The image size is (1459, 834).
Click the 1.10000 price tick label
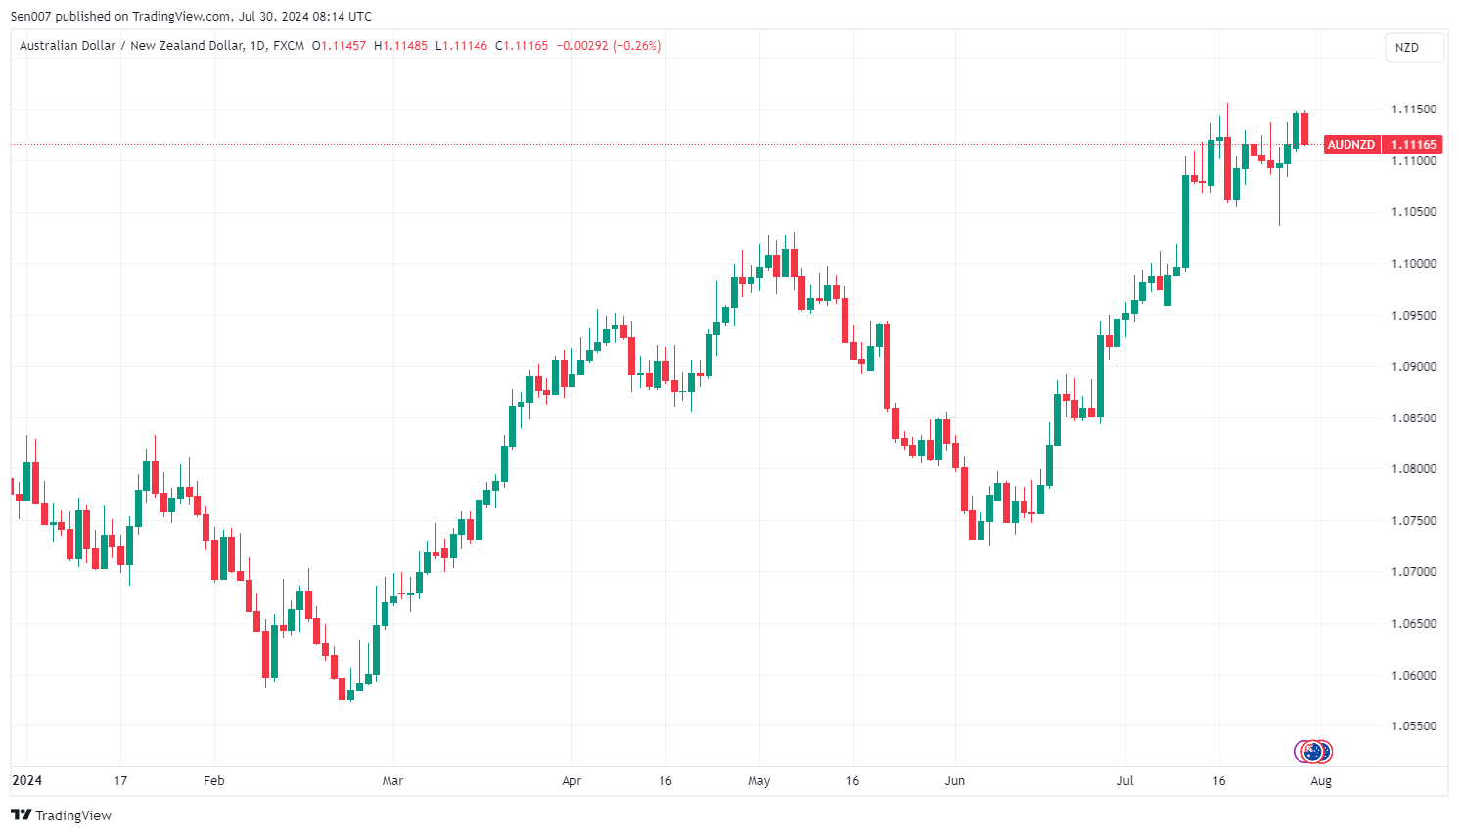point(1414,264)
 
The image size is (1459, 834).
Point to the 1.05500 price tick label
point(1414,726)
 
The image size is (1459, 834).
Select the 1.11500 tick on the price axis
point(1414,110)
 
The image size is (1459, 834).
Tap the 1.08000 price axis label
point(1414,469)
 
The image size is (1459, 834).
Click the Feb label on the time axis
point(213,781)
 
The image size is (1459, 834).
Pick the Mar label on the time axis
point(392,781)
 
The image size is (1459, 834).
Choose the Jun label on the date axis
point(954,781)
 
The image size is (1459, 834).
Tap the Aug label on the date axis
point(1321,781)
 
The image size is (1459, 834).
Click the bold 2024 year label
point(26,780)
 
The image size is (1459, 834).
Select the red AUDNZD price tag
point(1350,145)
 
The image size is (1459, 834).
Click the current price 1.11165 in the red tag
point(1414,145)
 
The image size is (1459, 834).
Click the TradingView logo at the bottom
point(61,815)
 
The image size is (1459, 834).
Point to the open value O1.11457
point(339,46)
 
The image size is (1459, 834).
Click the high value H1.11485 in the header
point(401,46)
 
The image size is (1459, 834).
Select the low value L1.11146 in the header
point(461,46)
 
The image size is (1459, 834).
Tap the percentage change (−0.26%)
point(637,46)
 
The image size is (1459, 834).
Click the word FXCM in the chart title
point(289,46)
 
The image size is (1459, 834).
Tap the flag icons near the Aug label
point(1313,751)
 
